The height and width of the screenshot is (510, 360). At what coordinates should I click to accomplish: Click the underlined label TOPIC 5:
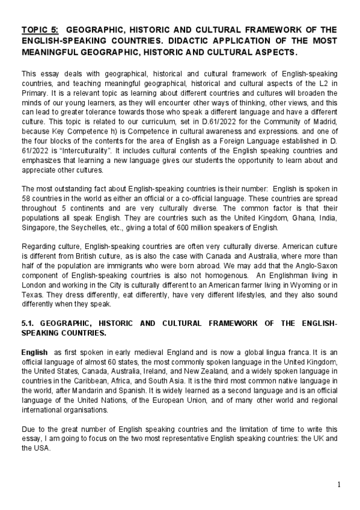(x=39, y=29)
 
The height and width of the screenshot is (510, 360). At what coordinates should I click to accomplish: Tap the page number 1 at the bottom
(x=340, y=485)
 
